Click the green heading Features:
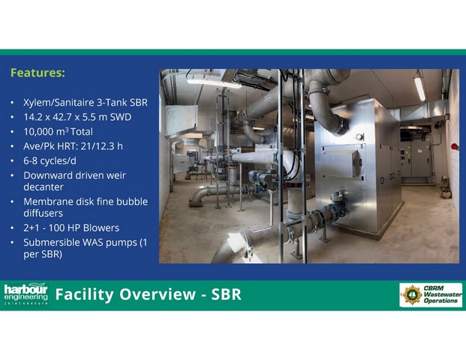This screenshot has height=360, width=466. click(x=38, y=73)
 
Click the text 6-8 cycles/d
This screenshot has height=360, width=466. click(x=50, y=161)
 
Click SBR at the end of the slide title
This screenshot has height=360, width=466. click(x=226, y=294)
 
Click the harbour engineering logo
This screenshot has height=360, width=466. click(x=26, y=294)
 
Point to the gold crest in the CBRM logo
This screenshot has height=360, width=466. click(x=412, y=295)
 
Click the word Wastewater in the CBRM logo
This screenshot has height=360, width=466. click(x=443, y=294)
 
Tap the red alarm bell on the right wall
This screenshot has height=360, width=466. click(x=454, y=146)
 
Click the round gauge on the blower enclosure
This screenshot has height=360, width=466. click(x=359, y=137)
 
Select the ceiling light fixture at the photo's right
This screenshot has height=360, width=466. click(x=419, y=88)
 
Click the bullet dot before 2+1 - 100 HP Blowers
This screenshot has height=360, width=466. click(x=12, y=228)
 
